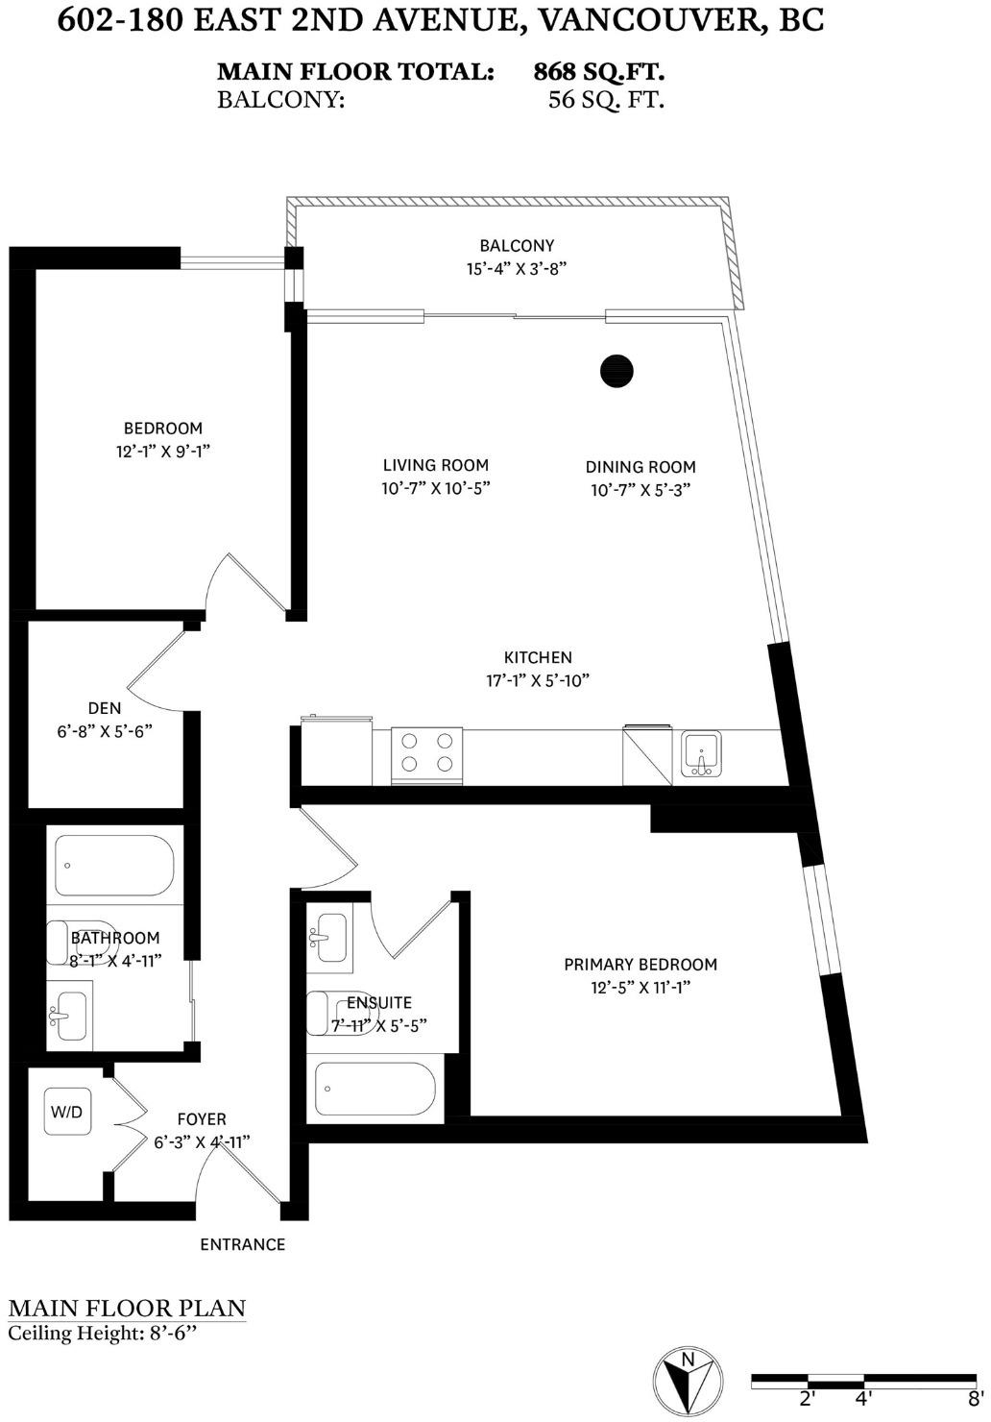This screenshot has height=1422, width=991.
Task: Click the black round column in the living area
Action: click(616, 371)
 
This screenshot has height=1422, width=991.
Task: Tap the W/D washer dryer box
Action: click(66, 1112)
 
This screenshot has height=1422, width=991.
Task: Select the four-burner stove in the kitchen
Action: click(427, 756)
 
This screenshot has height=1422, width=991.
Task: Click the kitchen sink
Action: click(701, 754)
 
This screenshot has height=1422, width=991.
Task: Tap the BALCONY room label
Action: click(517, 246)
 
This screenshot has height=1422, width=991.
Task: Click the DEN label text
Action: click(105, 708)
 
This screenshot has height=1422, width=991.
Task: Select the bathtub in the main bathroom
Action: click(115, 866)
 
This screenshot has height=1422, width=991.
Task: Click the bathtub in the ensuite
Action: click(375, 1089)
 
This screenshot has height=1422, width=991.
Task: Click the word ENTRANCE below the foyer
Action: click(242, 1245)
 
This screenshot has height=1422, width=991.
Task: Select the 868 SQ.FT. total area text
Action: click(599, 72)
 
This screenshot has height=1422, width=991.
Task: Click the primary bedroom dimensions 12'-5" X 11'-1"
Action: click(641, 988)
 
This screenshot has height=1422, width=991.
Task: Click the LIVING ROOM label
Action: click(436, 465)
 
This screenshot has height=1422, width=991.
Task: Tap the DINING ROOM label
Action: click(641, 467)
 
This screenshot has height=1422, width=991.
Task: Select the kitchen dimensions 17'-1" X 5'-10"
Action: click(538, 680)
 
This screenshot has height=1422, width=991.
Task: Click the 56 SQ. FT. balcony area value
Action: click(606, 100)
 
